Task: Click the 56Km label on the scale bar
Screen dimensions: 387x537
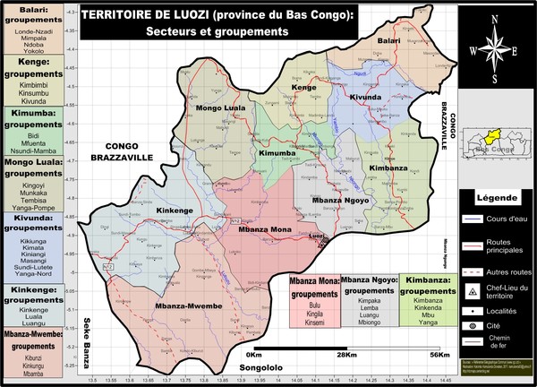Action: point(439,355)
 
